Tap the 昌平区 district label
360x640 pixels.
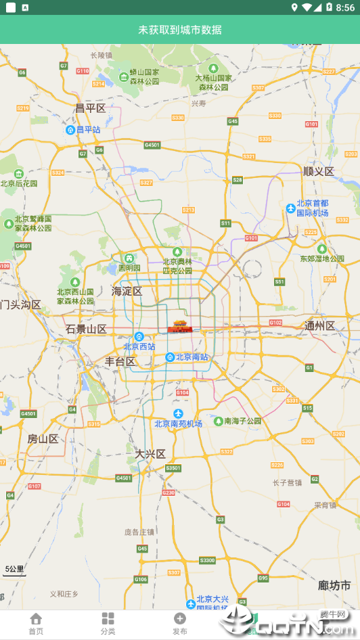tap(90, 108)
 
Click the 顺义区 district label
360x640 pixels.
tap(319, 171)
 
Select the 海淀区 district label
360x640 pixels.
tap(127, 292)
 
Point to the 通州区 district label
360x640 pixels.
tap(319, 326)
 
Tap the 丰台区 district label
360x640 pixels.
tap(120, 362)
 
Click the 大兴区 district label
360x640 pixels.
tap(150, 454)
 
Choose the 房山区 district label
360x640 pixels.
tap(43, 439)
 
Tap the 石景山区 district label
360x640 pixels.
tap(86, 329)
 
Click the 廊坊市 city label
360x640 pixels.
tap(334, 585)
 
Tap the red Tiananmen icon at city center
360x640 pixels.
tap(179, 326)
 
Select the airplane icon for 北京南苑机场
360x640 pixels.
tap(178, 413)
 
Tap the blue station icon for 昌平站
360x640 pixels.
tap(70, 129)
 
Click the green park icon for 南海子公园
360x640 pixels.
tap(218, 421)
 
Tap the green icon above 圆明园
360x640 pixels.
tap(129, 258)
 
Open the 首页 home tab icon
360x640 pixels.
tap(36, 618)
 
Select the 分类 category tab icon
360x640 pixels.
tap(108, 618)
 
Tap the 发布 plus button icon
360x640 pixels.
tap(179, 618)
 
